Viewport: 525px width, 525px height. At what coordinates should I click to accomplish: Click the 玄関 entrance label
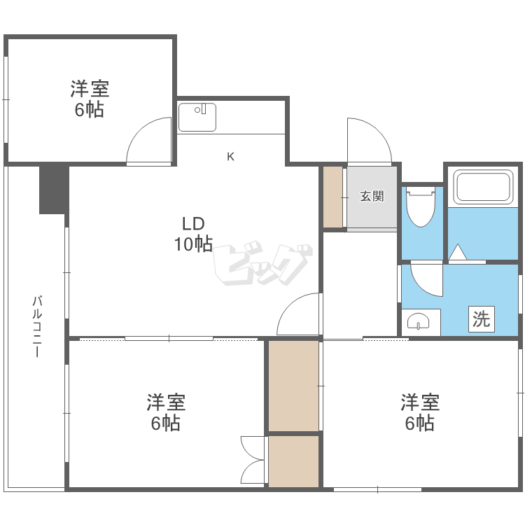point(372,196)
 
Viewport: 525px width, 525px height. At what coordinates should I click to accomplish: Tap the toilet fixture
point(421,206)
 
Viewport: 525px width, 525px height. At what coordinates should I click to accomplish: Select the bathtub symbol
point(483,187)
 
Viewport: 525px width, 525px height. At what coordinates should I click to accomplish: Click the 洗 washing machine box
point(481,319)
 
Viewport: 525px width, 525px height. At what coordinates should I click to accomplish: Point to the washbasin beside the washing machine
point(418,322)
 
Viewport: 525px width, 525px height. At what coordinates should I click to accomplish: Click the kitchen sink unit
point(197,117)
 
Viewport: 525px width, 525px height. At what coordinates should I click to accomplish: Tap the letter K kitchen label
point(230,156)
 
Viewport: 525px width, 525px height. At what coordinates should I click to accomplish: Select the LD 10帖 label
point(193,234)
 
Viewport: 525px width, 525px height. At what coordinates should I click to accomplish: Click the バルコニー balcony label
point(37,326)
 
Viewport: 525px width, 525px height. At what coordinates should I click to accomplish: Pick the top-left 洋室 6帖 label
point(90,99)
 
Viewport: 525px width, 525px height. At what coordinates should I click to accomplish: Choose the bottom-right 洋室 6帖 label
point(420,412)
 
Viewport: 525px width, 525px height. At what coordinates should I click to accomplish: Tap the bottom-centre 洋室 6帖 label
point(166,412)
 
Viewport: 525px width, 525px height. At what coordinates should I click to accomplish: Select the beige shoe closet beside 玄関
point(332,197)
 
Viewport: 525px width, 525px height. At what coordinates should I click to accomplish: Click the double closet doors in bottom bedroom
point(252,460)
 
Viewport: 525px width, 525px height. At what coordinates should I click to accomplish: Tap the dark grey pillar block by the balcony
point(54,190)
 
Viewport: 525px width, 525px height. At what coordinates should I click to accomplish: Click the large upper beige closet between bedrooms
point(293,386)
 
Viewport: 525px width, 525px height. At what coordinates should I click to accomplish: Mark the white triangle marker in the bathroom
point(457,252)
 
